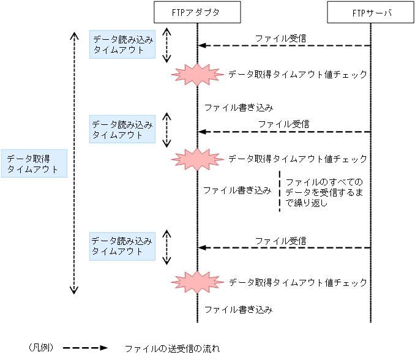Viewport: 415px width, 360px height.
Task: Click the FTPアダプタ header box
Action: [197, 12]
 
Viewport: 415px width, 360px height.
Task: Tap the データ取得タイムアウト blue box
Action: [32, 163]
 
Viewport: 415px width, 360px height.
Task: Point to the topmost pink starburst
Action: [196, 75]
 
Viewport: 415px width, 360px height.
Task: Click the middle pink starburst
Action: [196, 159]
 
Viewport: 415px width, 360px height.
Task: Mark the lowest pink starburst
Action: [196, 283]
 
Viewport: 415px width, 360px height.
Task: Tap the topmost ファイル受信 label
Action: [280, 38]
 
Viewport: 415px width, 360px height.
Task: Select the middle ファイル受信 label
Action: [283, 123]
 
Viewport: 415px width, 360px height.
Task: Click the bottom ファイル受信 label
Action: [280, 241]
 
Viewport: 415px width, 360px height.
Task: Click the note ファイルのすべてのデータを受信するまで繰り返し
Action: [324, 192]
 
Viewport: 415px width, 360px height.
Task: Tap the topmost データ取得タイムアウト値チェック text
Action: [297, 75]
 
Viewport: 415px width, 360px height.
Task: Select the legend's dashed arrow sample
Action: [86, 348]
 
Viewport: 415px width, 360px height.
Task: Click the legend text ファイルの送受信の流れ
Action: [171, 348]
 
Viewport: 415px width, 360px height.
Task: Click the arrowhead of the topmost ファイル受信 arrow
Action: [201, 46]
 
